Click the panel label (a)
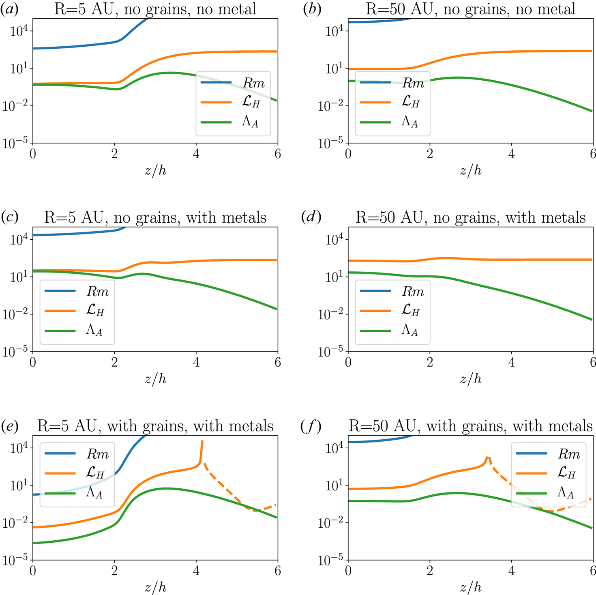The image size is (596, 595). [x=9, y=9]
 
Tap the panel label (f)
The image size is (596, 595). [x=311, y=426]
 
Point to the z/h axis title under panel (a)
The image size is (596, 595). [x=155, y=170]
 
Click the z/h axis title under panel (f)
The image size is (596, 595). [x=471, y=587]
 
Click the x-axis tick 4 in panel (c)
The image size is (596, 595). [x=196, y=363]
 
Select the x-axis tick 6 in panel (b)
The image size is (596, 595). [x=593, y=154]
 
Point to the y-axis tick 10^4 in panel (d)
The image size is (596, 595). [x=334, y=239]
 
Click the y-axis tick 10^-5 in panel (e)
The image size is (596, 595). [x=15, y=561]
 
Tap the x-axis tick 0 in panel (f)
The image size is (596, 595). [x=348, y=571]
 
